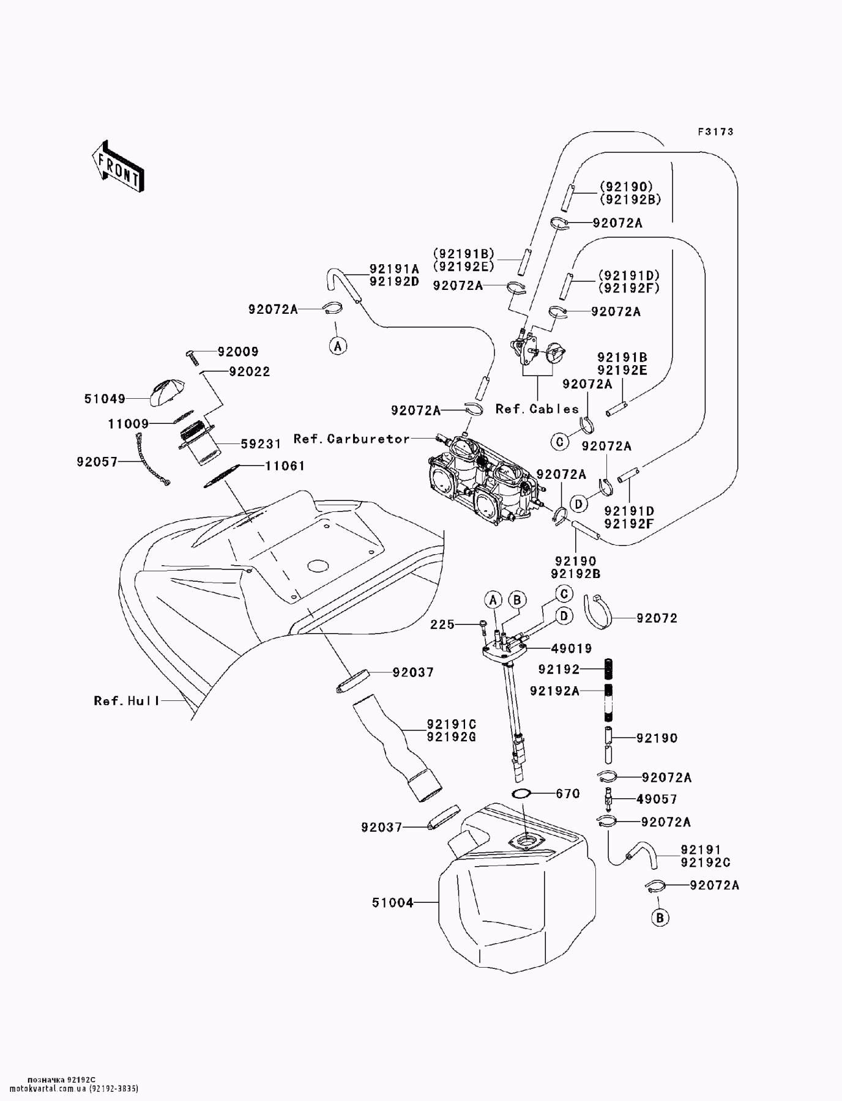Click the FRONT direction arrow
pos(117,167)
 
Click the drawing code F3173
pos(716,132)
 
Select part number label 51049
pos(105,399)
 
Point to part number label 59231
pos(261,445)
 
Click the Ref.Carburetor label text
pos(352,439)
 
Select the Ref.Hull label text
pos(127,701)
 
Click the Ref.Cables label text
pos(537,409)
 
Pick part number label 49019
pos(572,648)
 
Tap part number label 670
pos(568,794)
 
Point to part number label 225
pos(442,625)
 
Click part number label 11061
pos(285,466)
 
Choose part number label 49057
pos(657,799)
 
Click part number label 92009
pos(238,352)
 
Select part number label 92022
pos(250,372)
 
